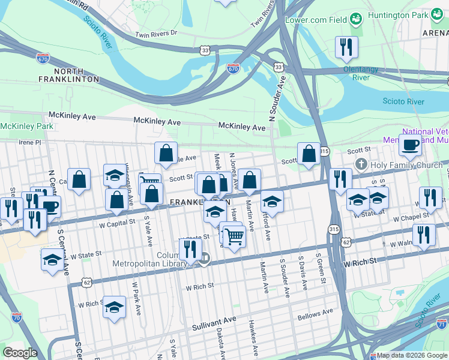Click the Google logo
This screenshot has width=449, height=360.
click(x=20, y=353)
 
